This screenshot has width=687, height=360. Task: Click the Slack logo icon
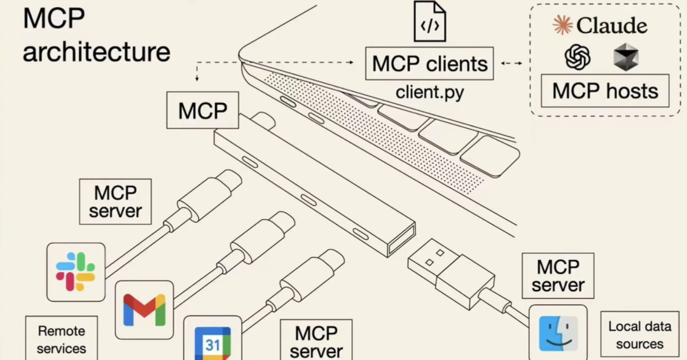coord(76,272)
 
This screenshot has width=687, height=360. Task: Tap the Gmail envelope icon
coord(144,310)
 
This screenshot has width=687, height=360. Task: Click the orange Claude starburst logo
coord(562,25)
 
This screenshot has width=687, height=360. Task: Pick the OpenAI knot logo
coord(578,57)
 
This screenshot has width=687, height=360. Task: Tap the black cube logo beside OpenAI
coord(625,57)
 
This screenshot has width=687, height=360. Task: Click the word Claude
coord(612,25)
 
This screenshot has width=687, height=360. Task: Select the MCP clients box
coord(429,64)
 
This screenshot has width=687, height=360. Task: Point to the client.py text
coord(429,92)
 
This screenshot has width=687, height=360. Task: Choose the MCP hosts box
coord(605,91)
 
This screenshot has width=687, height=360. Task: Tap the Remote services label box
coord(62,338)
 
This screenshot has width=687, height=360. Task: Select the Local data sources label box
coord(639,335)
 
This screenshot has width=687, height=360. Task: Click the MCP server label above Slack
coord(115,202)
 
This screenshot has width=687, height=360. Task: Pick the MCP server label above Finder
coord(558,275)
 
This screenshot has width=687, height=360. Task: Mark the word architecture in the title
coord(97,52)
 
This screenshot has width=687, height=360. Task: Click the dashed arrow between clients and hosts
coord(511,64)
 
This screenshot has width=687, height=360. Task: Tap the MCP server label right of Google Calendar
coord(316,340)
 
